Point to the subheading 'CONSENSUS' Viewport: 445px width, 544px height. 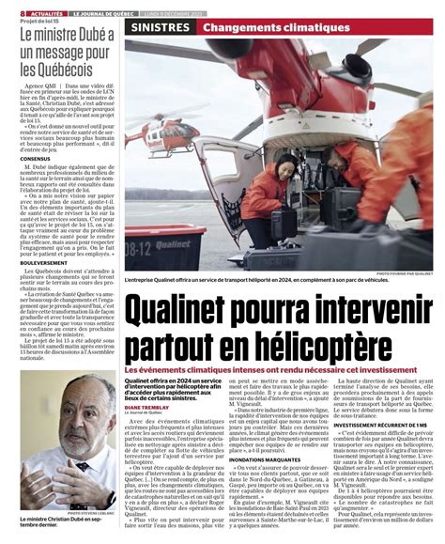33,184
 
